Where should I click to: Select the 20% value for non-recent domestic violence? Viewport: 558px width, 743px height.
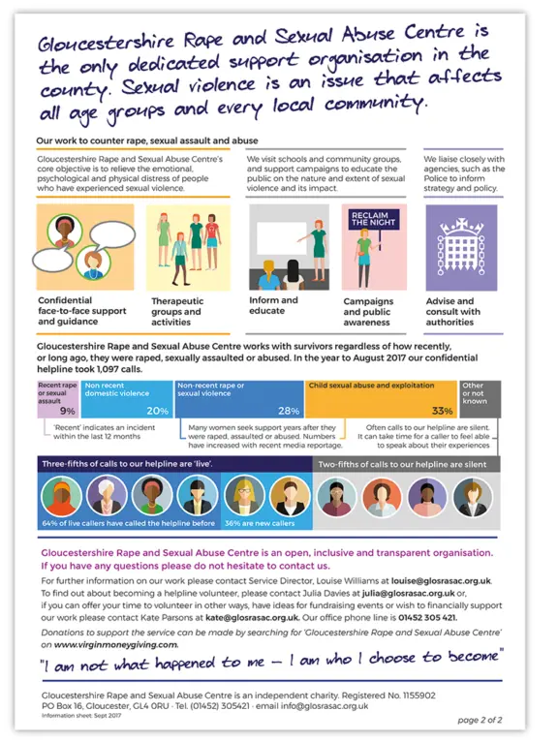157,410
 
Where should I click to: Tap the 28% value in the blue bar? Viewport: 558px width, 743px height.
288,410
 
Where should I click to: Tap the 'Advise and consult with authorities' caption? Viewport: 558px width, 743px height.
452,312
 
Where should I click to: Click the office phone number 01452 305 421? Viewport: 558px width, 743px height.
424,617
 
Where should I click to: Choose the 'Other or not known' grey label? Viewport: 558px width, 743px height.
474,391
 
